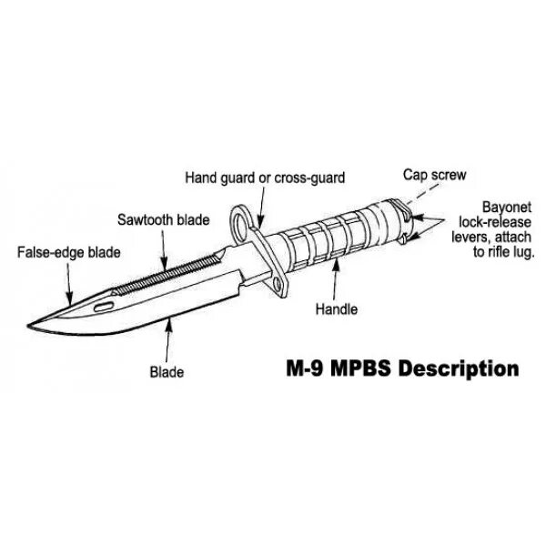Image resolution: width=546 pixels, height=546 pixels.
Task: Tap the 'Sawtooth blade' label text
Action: tap(163, 220)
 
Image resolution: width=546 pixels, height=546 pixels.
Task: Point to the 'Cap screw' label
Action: tap(432, 172)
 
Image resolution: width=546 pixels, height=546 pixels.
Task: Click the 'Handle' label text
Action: tap(336, 309)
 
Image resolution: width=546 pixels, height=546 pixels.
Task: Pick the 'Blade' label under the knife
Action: tap(167, 371)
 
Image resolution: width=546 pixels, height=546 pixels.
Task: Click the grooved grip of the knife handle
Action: tap(337, 238)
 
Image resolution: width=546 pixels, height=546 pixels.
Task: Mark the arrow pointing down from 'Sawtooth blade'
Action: tap(164, 248)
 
